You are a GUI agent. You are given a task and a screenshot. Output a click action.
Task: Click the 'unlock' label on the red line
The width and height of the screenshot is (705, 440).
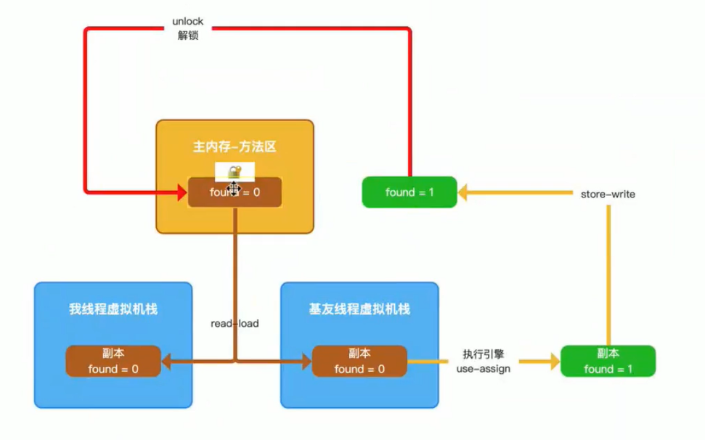click(x=188, y=22)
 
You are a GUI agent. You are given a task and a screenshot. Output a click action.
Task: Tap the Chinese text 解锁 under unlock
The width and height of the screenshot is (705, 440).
click(x=188, y=36)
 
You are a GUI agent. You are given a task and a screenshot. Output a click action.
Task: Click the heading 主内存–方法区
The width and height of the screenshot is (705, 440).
click(x=235, y=147)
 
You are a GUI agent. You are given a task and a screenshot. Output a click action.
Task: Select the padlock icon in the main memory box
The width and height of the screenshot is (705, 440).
click(x=235, y=172)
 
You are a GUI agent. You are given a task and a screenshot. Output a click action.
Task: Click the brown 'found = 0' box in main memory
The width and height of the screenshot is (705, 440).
click(x=235, y=192)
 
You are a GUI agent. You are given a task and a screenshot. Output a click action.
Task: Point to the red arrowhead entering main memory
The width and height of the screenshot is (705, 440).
click(x=181, y=192)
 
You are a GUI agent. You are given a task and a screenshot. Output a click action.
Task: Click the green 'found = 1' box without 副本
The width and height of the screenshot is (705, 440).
click(x=409, y=192)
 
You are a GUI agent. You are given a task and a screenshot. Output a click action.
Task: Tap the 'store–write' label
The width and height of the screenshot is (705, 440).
click(x=608, y=194)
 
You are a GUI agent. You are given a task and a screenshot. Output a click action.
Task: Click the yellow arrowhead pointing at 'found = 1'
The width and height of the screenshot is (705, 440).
click(x=463, y=192)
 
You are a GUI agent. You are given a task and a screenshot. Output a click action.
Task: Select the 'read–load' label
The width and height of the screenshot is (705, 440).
click(x=235, y=324)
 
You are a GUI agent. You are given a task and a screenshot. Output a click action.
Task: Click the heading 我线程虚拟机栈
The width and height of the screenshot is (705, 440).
click(x=113, y=309)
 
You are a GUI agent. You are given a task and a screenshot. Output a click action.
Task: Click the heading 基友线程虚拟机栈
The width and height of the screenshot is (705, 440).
click(x=359, y=309)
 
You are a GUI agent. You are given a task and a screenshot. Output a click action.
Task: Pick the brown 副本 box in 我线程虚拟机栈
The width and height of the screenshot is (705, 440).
click(x=113, y=361)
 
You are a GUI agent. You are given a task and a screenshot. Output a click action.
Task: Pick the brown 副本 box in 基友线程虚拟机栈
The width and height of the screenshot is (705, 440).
click(x=359, y=361)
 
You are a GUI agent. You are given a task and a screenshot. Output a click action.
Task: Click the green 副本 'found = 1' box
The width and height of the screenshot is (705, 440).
click(x=608, y=361)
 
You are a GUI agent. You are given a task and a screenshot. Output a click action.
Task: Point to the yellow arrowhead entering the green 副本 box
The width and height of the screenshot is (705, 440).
click(x=554, y=361)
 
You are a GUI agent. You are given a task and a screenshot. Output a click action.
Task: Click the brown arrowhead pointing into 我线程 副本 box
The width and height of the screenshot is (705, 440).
click(x=166, y=361)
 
